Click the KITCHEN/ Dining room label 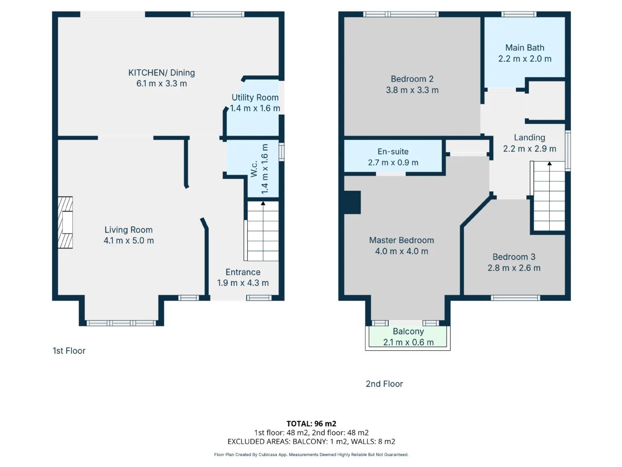pyautogui.click(x=161, y=73)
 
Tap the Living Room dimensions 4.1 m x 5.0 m pyautogui.click(x=129, y=240)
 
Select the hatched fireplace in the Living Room pyautogui.click(x=66, y=223)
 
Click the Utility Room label pyautogui.click(x=255, y=98)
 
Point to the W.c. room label pyautogui.click(x=254, y=169)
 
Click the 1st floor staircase pyautogui.click(x=261, y=231)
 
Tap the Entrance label pyautogui.click(x=243, y=272)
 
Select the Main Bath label pyautogui.click(x=525, y=48)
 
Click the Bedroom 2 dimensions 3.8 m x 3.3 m pyautogui.click(x=412, y=90)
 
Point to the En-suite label pyautogui.click(x=393, y=152)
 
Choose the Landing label pyautogui.click(x=530, y=138)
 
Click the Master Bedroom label pyautogui.click(x=401, y=240)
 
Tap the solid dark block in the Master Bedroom pyautogui.click(x=352, y=202)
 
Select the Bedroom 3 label pyautogui.click(x=514, y=257)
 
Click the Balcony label pyautogui.click(x=408, y=331)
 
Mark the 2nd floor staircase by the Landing pyautogui.click(x=548, y=196)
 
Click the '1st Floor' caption pyautogui.click(x=69, y=351)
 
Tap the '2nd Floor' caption pyautogui.click(x=384, y=384)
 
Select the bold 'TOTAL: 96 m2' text pyautogui.click(x=311, y=424)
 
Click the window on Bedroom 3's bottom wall pyautogui.click(x=516, y=298)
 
